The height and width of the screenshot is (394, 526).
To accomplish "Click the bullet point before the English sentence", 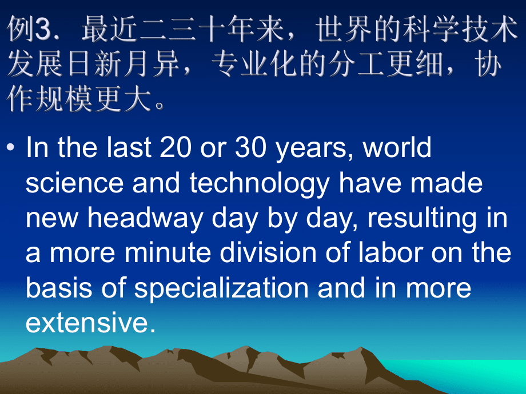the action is [11, 147].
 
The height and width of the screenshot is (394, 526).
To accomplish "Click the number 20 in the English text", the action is [175, 147].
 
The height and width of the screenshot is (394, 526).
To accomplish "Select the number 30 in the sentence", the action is [250, 147].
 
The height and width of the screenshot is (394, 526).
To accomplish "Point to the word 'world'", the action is [397, 147].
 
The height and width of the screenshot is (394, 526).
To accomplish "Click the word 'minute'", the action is [168, 252].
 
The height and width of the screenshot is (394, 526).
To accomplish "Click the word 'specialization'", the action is [221, 290].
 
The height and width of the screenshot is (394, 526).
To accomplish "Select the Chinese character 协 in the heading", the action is [489, 64].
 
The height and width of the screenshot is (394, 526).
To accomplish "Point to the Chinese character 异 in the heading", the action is [167, 64].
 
